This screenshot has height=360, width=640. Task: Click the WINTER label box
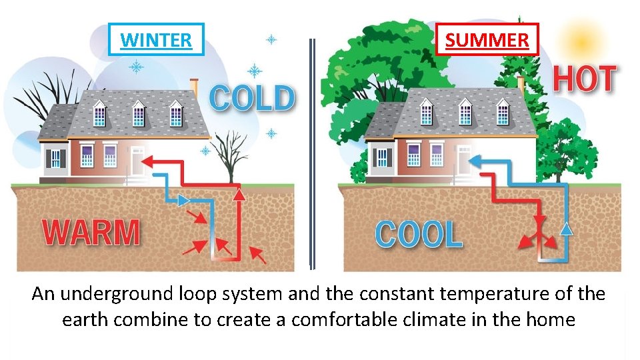pos(156,40)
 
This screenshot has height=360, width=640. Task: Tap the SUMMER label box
pos(487,40)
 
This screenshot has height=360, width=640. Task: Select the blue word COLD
pos(251,99)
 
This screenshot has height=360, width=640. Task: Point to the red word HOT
pos(584,80)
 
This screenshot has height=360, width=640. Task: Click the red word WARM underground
pos(91,233)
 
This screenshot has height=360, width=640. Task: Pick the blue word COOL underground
pos(419,235)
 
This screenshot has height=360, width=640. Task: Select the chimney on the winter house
pos(194,87)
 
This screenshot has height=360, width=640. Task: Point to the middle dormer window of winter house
pos(138,113)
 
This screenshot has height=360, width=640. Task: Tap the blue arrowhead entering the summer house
pos(476,161)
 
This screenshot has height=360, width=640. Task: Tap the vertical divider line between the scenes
pos(311,153)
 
